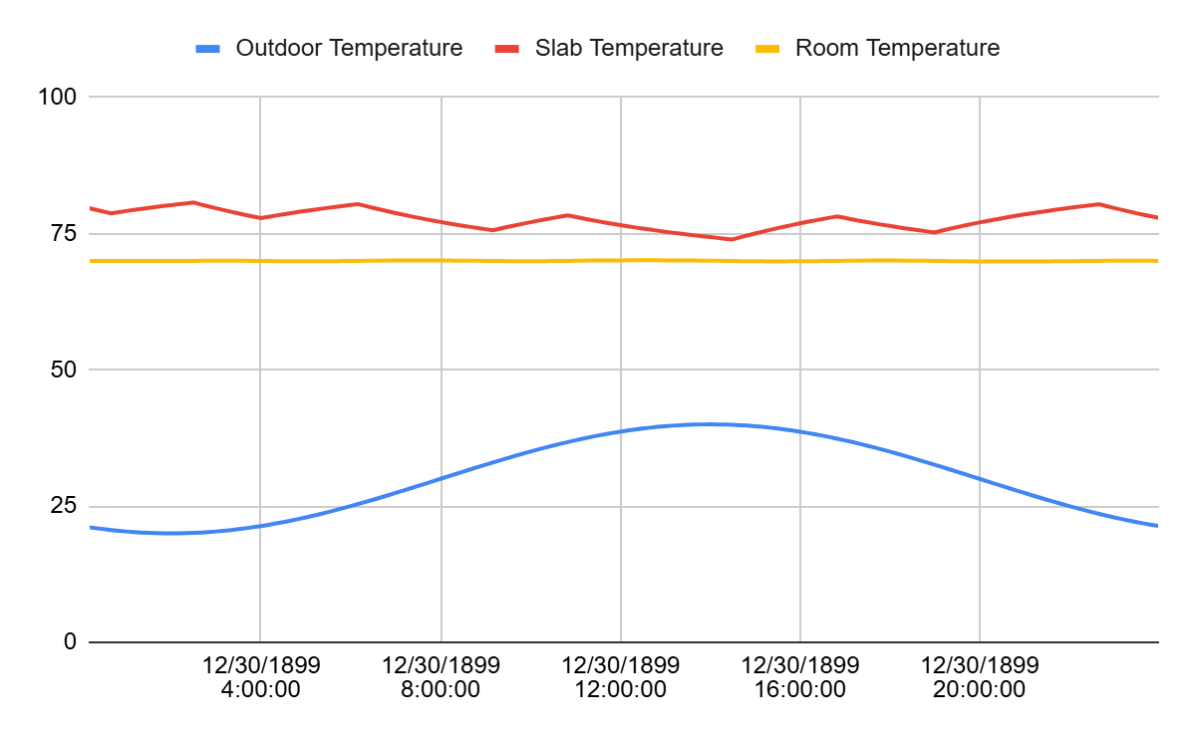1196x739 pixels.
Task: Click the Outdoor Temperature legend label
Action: tap(349, 48)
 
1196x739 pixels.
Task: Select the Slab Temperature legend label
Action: tap(629, 48)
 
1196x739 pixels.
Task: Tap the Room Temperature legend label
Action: tap(897, 48)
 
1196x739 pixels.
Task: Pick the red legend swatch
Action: tap(507, 48)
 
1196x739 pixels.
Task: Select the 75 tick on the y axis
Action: tap(61, 233)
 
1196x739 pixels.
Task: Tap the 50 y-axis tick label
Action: tap(61, 369)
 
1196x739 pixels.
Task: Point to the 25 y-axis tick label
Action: tap(61, 506)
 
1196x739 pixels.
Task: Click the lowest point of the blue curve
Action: tap(169, 533)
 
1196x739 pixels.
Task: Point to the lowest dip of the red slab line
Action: tap(732, 239)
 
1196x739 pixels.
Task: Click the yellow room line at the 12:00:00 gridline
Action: tap(621, 260)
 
